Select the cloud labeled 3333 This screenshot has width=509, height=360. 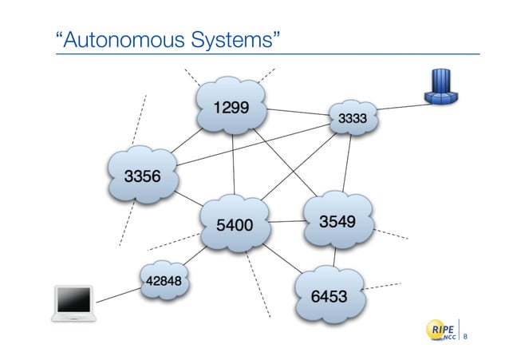352,120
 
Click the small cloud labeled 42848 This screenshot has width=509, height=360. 164,280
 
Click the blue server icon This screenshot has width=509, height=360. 441,87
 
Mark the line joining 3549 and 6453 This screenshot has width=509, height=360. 336,255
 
